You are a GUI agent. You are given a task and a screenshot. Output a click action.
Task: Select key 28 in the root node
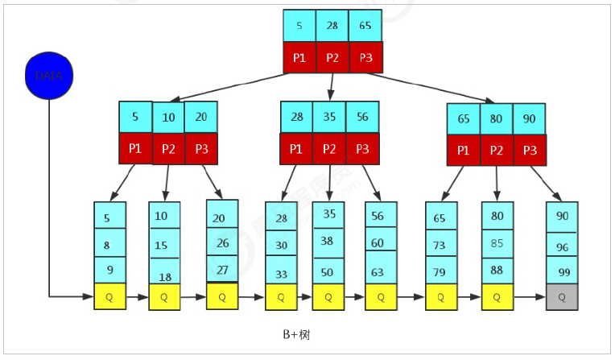pos(332,26)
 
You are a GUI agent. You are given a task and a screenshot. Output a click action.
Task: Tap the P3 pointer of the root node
pos(365,58)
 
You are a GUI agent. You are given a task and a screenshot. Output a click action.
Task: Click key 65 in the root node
pos(365,26)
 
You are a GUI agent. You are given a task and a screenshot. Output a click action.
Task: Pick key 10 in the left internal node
pos(168,118)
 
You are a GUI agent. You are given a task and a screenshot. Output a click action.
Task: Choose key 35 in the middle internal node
pos(329,117)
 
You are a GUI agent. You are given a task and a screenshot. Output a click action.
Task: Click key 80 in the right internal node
pos(497,119)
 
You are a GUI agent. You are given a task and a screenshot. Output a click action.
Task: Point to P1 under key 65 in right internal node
pos(464,150)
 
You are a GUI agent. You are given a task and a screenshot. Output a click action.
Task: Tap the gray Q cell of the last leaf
pos(561,296)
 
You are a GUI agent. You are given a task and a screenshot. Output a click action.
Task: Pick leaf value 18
pos(163,276)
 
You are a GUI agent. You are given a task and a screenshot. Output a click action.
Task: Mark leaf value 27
pos(222,270)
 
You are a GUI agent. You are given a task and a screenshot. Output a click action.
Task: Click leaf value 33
pos(282,274)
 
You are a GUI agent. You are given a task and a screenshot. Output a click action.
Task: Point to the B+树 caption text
pos(295,333)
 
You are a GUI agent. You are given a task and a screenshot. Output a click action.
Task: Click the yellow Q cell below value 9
pos(109,296)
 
